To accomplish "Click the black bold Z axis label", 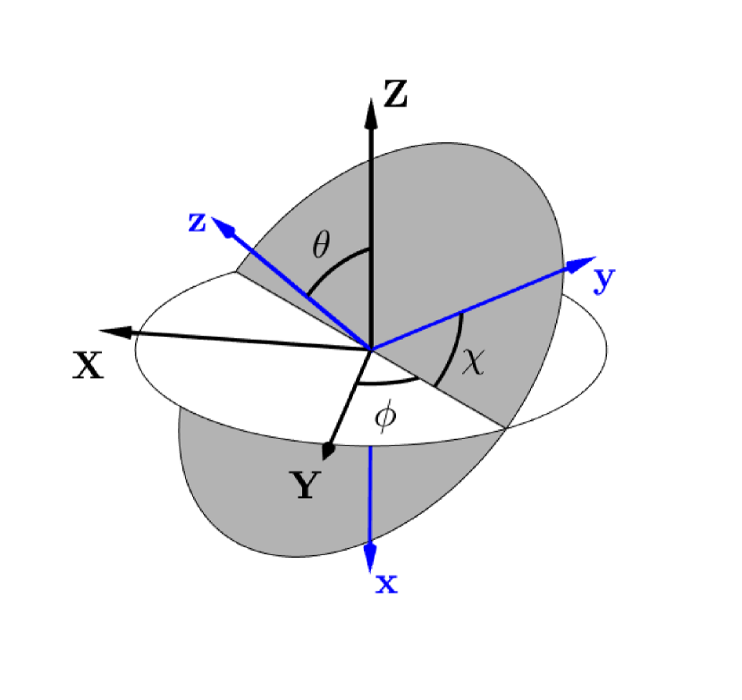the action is [394, 94].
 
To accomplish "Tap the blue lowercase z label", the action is [198, 222].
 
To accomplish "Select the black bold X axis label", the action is [89, 365].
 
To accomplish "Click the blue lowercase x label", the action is [386, 584].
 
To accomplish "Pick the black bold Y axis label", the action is [307, 485].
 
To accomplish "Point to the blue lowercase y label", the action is [605, 280].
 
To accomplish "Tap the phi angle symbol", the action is [384, 417].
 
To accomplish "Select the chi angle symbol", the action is [473, 362].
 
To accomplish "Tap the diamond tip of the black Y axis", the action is [328, 450].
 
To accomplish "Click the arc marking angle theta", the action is [335, 265].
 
